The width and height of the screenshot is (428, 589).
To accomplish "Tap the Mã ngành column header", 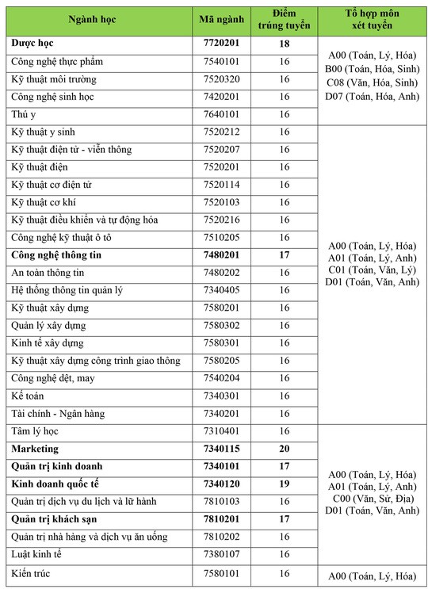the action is [x=222, y=19].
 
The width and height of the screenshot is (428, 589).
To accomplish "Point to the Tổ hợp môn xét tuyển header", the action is [x=372, y=19].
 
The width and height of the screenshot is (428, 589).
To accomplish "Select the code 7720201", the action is [x=222, y=44].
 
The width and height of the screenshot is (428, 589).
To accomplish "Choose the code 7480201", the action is [x=222, y=255].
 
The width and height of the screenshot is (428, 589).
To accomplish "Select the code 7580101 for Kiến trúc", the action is [x=222, y=572].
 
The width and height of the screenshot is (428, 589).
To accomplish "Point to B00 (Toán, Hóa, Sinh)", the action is [x=372, y=69].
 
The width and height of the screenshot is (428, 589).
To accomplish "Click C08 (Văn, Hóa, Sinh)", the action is [x=372, y=82].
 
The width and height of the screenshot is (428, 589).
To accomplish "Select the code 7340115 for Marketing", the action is [x=222, y=449].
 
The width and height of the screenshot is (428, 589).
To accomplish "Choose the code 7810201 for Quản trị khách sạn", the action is [x=222, y=519].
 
